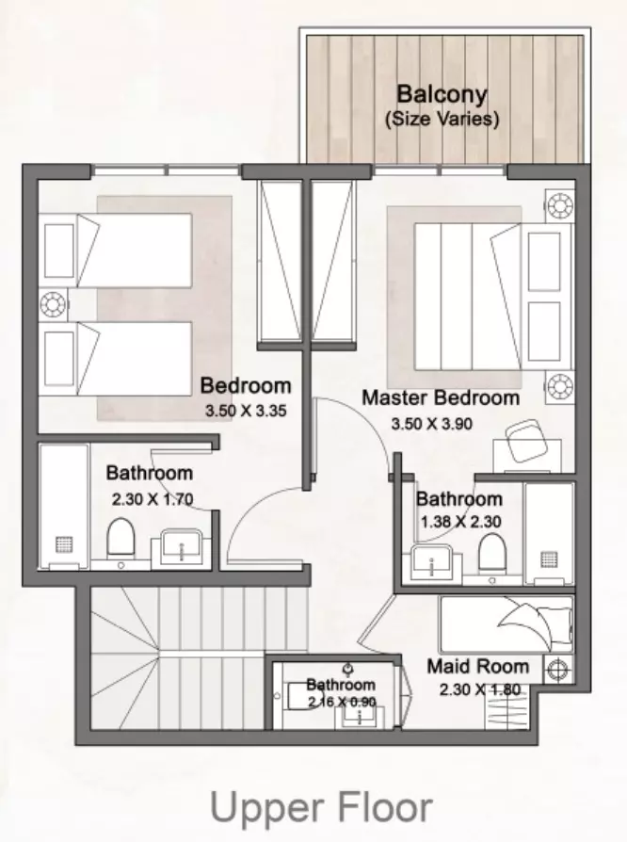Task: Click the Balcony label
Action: [442, 94]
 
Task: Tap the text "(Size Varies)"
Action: [442, 118]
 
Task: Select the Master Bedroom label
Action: [441, 397]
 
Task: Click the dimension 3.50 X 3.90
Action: [431, 424]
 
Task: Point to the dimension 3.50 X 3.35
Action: [246, 411]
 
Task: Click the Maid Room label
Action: [477, 667]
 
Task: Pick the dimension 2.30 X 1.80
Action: [480, 689]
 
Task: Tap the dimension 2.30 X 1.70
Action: [153, 499]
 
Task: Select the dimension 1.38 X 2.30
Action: [460, 522]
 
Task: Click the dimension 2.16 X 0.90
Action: [342, 702]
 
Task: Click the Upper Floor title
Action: [321, 808]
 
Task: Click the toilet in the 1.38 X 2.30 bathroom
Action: [492, 552]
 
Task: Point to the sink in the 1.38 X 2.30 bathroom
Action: [431, 561]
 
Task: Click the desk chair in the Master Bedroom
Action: [526, 440]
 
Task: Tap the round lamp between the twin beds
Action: [53, 304]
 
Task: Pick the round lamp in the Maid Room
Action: [556, 669]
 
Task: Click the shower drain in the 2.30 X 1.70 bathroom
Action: [64, 544]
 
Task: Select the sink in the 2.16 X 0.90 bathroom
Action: [359, 717]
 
